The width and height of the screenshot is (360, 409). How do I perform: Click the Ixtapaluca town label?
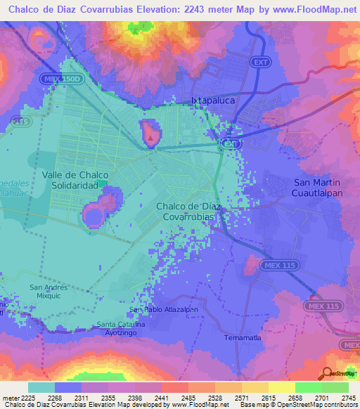[212, 100]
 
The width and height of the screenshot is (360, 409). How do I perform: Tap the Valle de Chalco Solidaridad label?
[75, 179]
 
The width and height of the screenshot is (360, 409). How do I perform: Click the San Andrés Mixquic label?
[48, 292]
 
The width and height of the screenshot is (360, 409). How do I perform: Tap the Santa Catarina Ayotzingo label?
[122, 328]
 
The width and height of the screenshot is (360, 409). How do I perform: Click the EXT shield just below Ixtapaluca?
[230, 143]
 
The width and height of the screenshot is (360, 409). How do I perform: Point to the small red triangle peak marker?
[150, 138]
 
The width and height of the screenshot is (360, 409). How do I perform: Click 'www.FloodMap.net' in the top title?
[313, 10]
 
